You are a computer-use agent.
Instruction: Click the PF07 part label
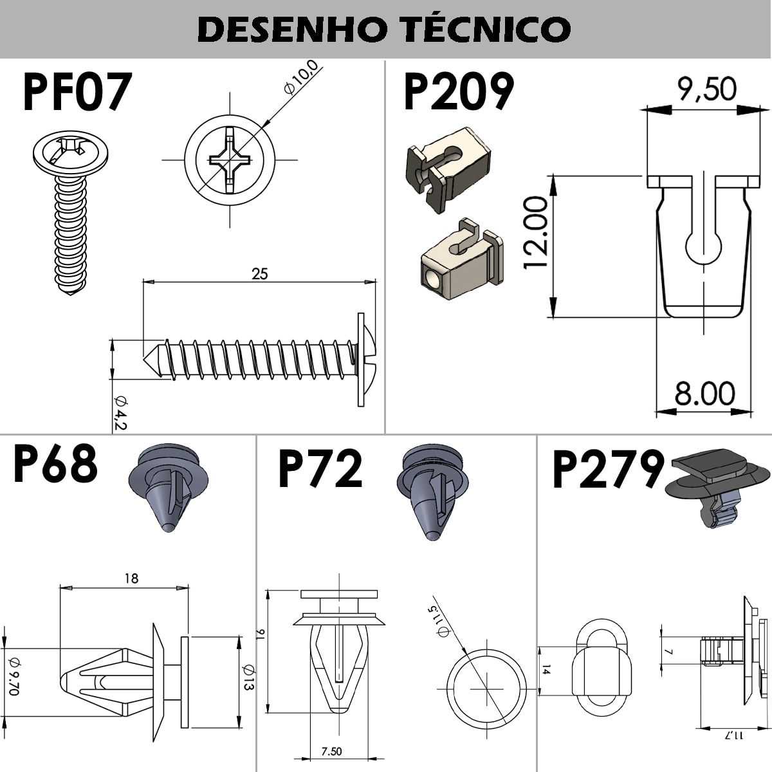point(77,93)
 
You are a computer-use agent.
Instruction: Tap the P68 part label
point(55,464)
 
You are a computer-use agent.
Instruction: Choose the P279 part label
point(607,470)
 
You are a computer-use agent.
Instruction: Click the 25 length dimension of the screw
point(259,273)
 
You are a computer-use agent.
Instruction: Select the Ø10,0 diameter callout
point(301,78)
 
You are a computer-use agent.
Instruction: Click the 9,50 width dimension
point(706,89)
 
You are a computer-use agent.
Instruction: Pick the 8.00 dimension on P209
point(704,393)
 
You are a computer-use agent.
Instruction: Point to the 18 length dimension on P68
point(131,578)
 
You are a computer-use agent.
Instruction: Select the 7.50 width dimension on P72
point(331,751)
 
